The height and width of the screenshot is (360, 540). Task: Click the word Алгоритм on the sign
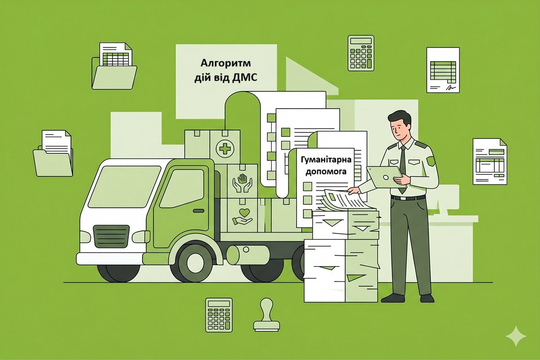tap(225, 63)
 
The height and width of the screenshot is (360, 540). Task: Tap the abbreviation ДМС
tap(244, 78)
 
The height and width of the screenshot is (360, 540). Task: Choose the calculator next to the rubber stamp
tap(219, 315)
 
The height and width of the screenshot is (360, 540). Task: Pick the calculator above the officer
tap(361, 53)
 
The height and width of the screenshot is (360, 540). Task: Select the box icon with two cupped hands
tap(242, 183)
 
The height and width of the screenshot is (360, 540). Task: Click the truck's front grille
tap(111, 236)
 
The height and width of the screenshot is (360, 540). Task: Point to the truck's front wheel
tap(195, 263)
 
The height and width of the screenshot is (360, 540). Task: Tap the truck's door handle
tap(198, 211)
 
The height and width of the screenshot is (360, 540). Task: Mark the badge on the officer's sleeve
tap(431, 161)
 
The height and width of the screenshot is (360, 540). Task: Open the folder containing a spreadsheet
tap(114, 66)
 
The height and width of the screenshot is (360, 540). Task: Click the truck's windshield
tap(124, 187)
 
